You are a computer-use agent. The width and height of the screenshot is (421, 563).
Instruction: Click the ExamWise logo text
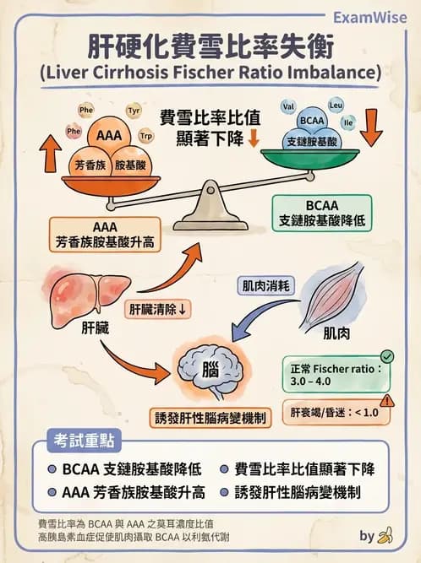(370, 17)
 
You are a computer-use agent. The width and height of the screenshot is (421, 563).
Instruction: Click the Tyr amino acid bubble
(134, 111)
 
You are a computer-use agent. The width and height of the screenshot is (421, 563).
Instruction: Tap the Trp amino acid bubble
(145, 135)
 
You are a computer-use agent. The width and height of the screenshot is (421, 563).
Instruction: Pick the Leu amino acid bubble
(335, 106)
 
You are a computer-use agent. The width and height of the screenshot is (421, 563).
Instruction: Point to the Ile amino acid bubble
(347, 122)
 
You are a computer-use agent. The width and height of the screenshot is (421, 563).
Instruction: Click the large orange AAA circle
(108, 135)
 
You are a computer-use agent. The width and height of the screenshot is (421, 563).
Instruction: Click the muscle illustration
(333, 295)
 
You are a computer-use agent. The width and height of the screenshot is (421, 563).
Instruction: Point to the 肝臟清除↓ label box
(158, 309)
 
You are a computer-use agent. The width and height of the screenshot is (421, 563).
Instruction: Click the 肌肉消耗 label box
(266, 286)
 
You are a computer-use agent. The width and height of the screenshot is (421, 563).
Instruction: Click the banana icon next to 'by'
(386, 535)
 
